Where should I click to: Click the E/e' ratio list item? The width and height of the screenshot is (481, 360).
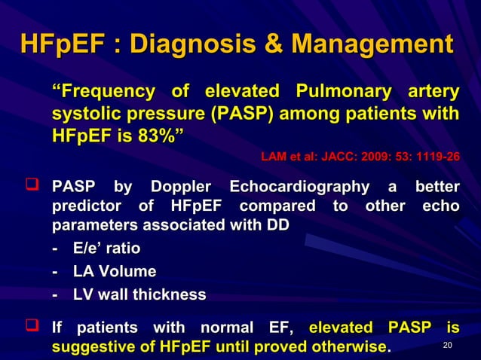point(106,248)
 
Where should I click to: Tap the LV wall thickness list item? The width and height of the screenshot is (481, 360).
point(139,294)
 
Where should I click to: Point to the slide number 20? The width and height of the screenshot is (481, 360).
point(448,346)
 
